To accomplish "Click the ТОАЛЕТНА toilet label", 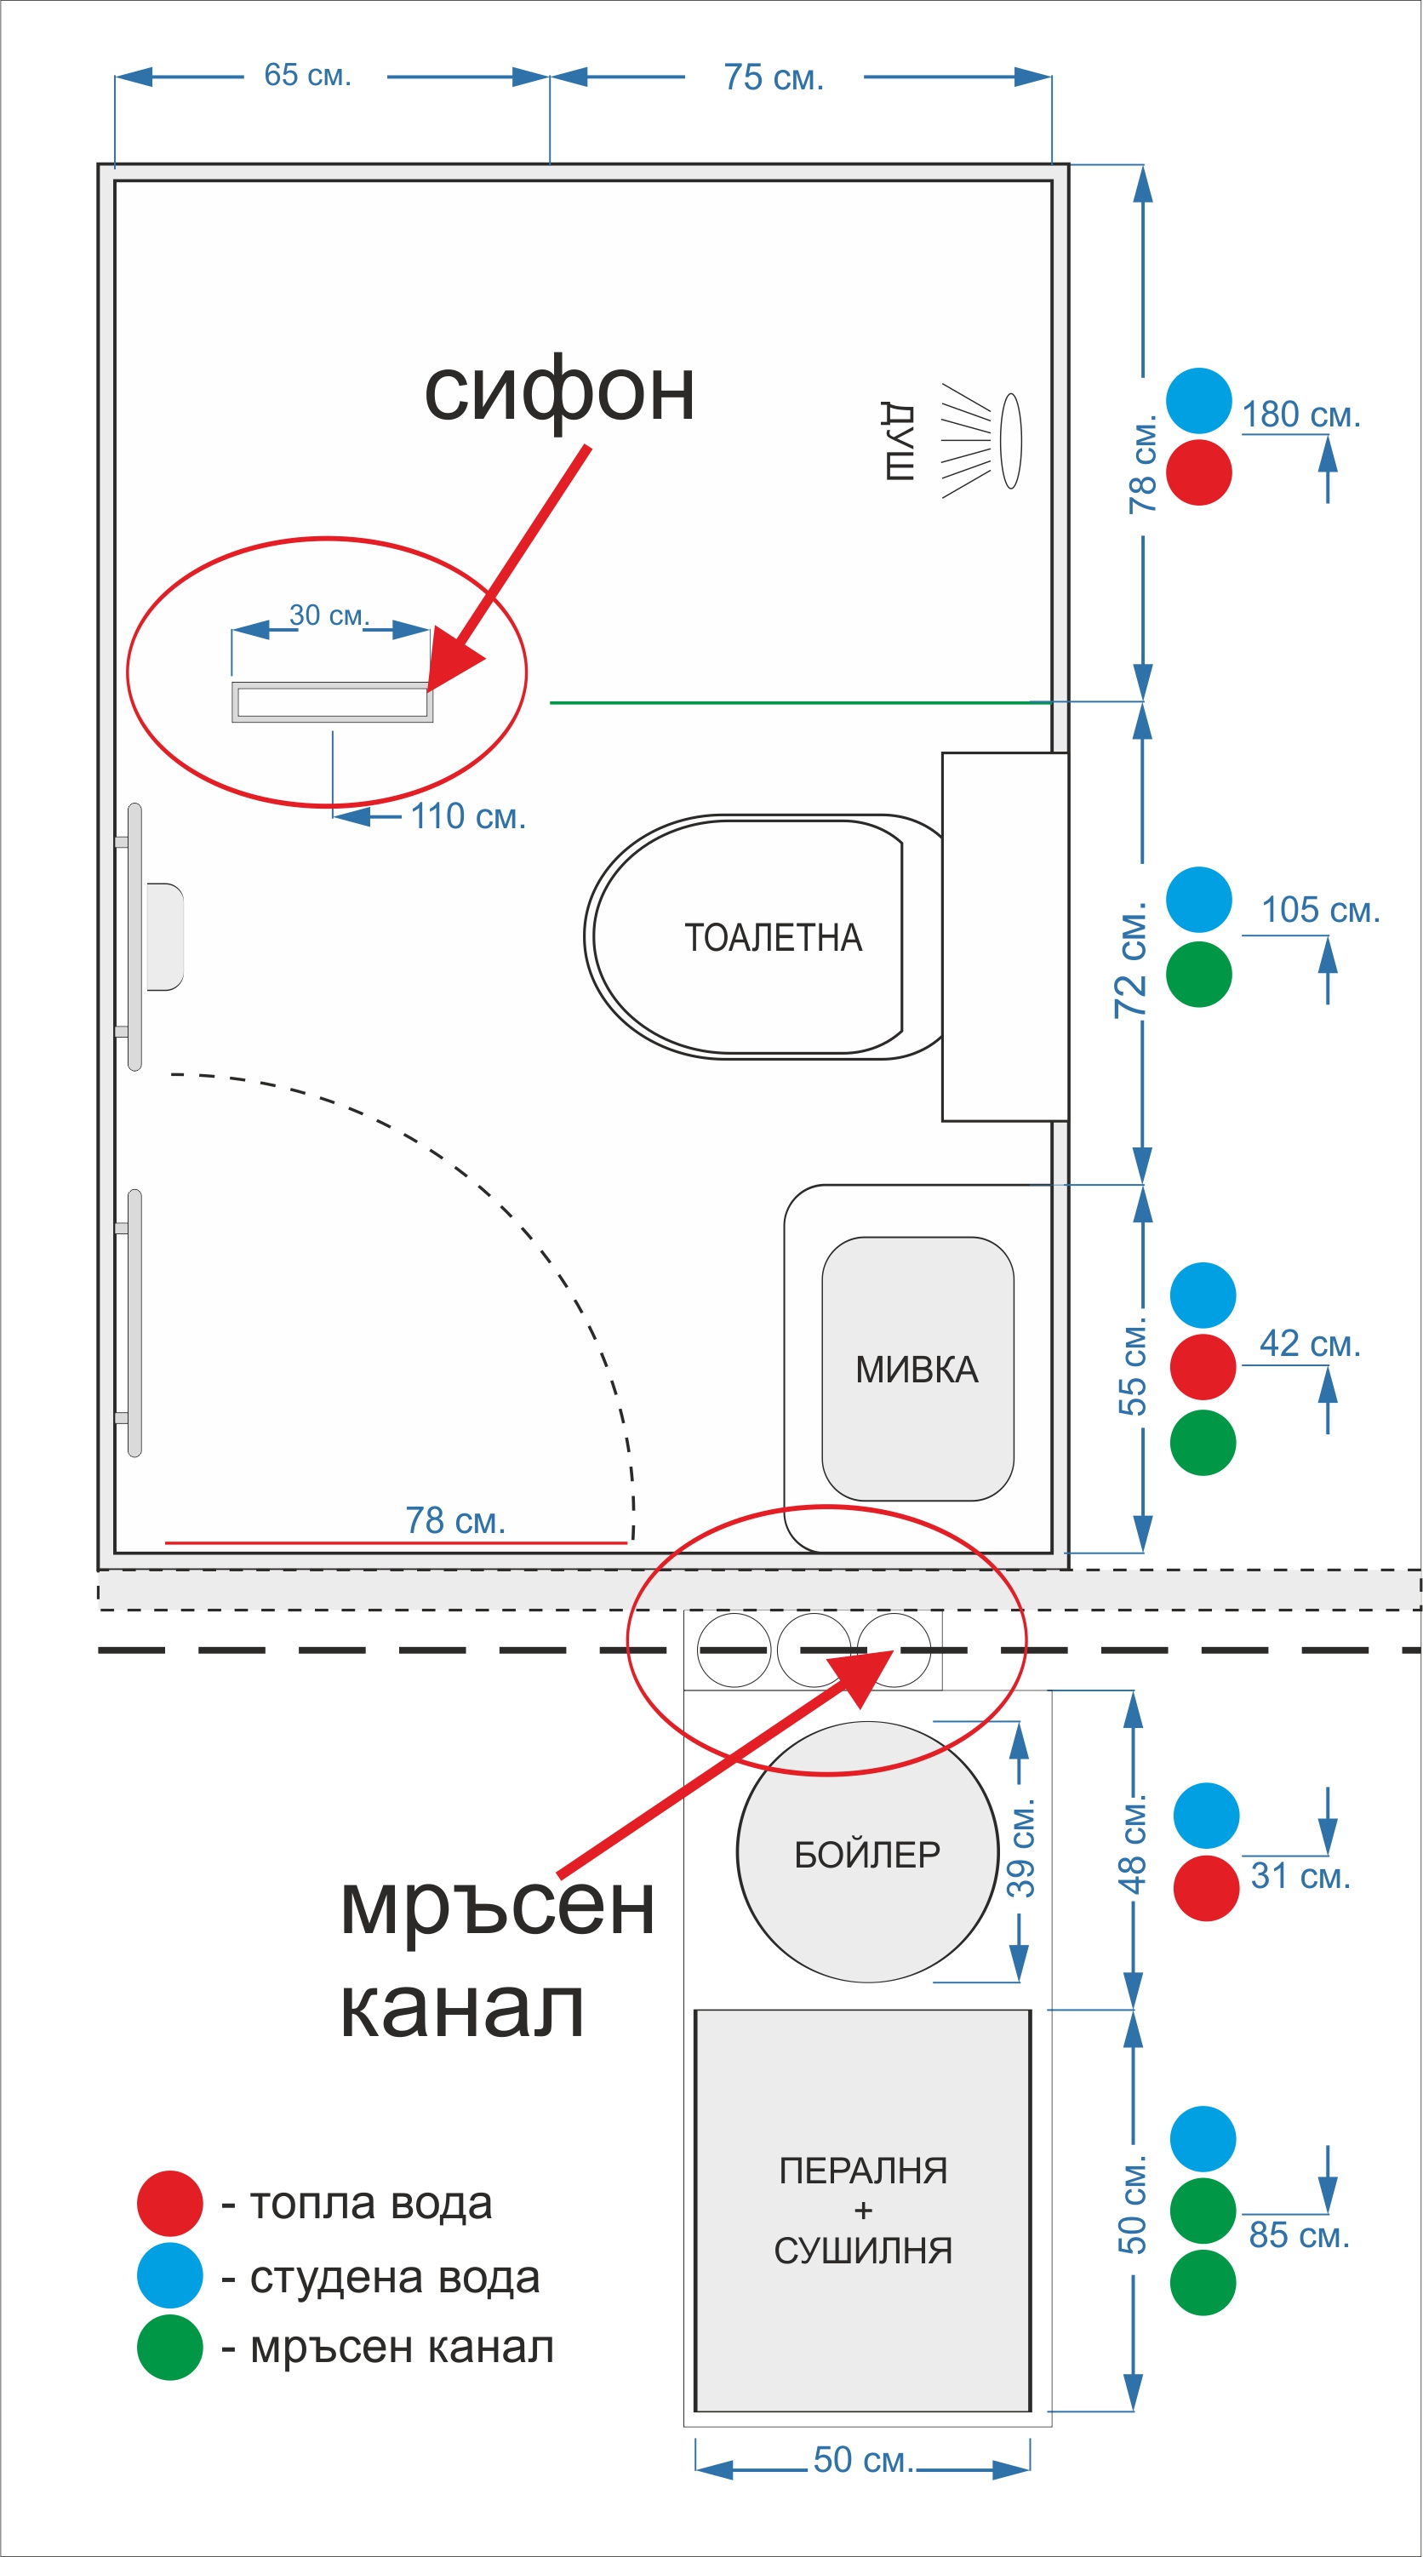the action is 773,938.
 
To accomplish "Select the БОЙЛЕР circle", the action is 867,1852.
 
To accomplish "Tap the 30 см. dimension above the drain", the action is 329,615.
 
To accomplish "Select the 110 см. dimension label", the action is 468,817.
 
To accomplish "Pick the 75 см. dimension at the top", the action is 774,77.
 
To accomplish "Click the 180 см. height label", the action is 1301,414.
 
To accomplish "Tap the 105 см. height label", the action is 1321,909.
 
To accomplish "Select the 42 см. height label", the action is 1310,1344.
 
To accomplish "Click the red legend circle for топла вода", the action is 169,2203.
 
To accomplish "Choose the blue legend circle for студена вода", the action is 169,2275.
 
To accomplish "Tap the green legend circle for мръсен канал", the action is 169,2348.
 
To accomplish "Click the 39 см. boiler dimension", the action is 1021,1852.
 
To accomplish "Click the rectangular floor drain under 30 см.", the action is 333,701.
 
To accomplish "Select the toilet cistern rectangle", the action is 1005,937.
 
